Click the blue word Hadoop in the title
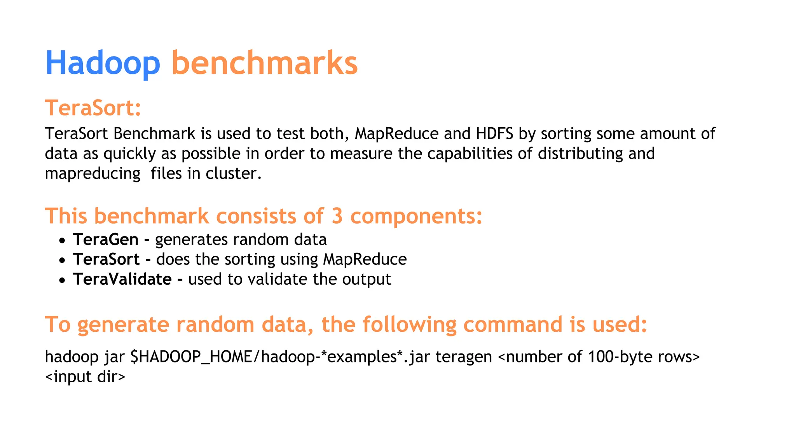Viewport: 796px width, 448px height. (x=103, y=63)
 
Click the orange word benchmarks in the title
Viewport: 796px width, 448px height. (x=264, y=63)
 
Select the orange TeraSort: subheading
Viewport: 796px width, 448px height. (x=93, y=108)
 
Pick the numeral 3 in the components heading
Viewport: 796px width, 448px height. (x=337, y=216)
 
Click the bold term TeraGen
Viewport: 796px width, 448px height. (x=106, y=240)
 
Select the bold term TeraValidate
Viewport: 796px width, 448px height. (x=122, y=279)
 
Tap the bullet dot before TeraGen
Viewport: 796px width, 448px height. (x=62, y=241)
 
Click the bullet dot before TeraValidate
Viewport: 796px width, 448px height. (x=62, y=280)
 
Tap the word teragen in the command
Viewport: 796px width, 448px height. (x=463, y=357)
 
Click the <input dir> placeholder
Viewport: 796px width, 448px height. (x=85, y=376)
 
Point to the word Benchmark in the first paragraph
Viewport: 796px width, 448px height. (x=154, y=134)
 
